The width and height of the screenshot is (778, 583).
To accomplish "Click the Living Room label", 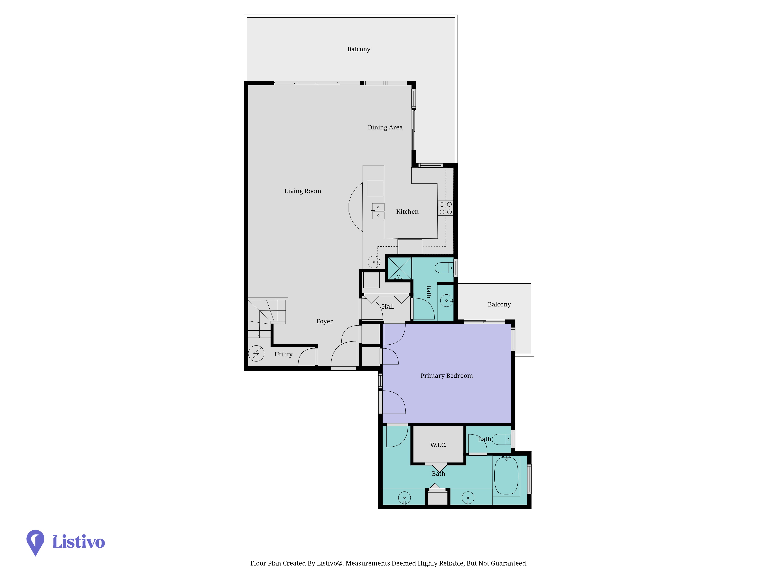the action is coord(302,191).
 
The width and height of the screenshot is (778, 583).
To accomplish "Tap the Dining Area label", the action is coord(385,127).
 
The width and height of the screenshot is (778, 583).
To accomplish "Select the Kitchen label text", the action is coord(407,212).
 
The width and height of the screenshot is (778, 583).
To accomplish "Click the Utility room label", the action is coord(284,354).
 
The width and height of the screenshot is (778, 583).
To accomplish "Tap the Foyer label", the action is coord(324,321).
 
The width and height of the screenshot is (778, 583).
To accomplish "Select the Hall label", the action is coord(388,306).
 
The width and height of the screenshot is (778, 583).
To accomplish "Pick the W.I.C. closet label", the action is coord(438,445).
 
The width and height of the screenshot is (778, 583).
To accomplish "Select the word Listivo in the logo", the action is coord(78,542).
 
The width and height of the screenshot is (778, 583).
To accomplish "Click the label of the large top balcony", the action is coord(359,49).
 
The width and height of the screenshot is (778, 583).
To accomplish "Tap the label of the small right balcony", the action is coord(499,304).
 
